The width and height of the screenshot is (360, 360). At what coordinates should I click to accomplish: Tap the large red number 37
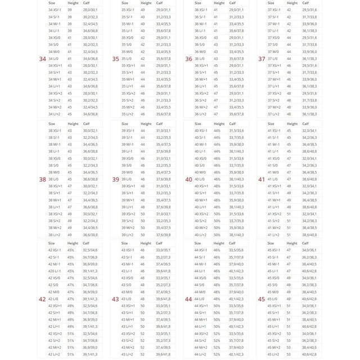(x=262, y=58)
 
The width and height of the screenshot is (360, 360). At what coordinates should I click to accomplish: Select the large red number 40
(x=188, y=179)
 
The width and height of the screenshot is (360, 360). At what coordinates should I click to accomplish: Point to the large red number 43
(x=115, y=299)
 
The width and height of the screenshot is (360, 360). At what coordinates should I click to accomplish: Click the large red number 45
(x=262, y=299)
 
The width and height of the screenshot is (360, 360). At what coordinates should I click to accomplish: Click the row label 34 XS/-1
(x=55, y=10)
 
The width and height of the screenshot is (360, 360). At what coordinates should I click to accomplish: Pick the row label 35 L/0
(x=127, y=58)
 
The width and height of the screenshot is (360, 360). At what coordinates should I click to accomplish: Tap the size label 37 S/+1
(x=274, y=73)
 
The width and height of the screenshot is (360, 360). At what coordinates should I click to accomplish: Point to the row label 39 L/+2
(x=128, y=235)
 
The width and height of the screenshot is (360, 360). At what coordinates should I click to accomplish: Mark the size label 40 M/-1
(x=201, y=145)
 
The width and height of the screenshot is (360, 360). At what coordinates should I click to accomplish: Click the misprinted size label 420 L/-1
(x=55, y=271)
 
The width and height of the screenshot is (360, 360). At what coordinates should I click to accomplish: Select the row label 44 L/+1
(x=201, y=326)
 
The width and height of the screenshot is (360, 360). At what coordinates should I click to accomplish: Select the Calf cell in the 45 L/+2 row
(x=310, y=354)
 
